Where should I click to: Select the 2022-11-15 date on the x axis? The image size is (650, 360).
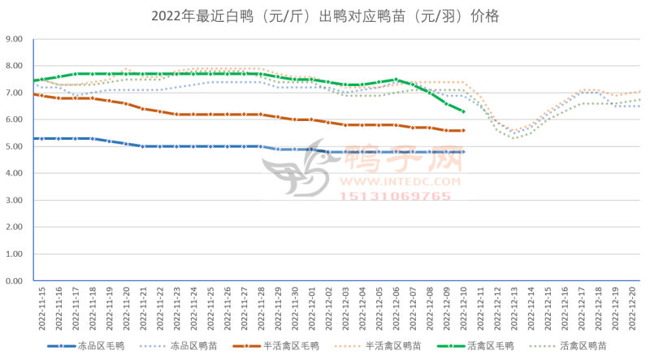click(41, 308)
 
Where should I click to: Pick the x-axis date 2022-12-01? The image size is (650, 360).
click(312, 308)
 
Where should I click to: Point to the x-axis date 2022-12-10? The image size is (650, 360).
click(464, 308)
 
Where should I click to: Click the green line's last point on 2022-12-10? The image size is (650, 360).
click(463, 111)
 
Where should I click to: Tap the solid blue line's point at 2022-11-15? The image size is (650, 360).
click(41, 138)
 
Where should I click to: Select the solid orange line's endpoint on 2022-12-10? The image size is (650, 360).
click(463, 130)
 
